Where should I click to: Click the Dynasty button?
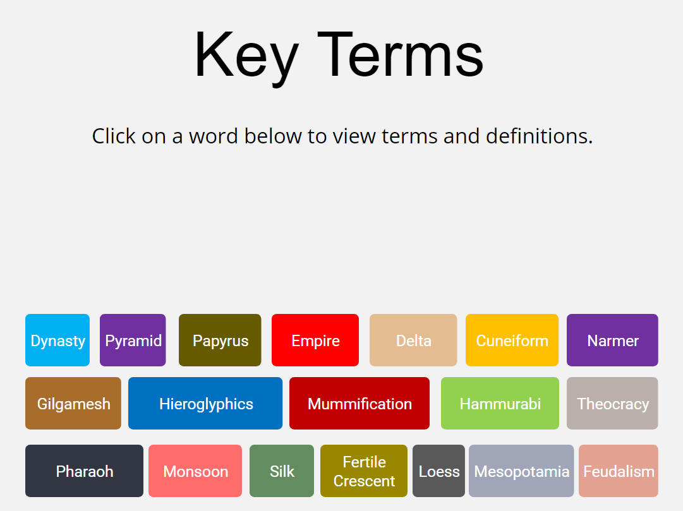coord(57,340)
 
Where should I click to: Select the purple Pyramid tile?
coord(133,340)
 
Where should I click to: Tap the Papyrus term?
coord(220,340)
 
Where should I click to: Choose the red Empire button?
coord(315,340)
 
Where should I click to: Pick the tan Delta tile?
coord(413,340)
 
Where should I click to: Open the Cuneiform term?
coord(512,340)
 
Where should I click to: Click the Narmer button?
coord(612,340)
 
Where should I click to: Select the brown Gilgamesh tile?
coord(73,404)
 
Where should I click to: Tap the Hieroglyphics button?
coord(205,404)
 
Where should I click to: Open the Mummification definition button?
coord(360,404)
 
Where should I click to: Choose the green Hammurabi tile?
coord(500,404)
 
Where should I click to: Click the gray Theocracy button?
coord(612,404)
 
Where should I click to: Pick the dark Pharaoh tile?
coord(84,471)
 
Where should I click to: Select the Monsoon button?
coord(195,471)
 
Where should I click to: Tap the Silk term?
coord(282,471)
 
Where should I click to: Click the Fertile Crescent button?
coord(364,471)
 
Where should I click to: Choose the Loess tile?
coord(438,471)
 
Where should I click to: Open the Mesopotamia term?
coord(521,471)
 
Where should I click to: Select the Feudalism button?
coord(619,471)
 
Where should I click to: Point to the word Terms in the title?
coord(401,55)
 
